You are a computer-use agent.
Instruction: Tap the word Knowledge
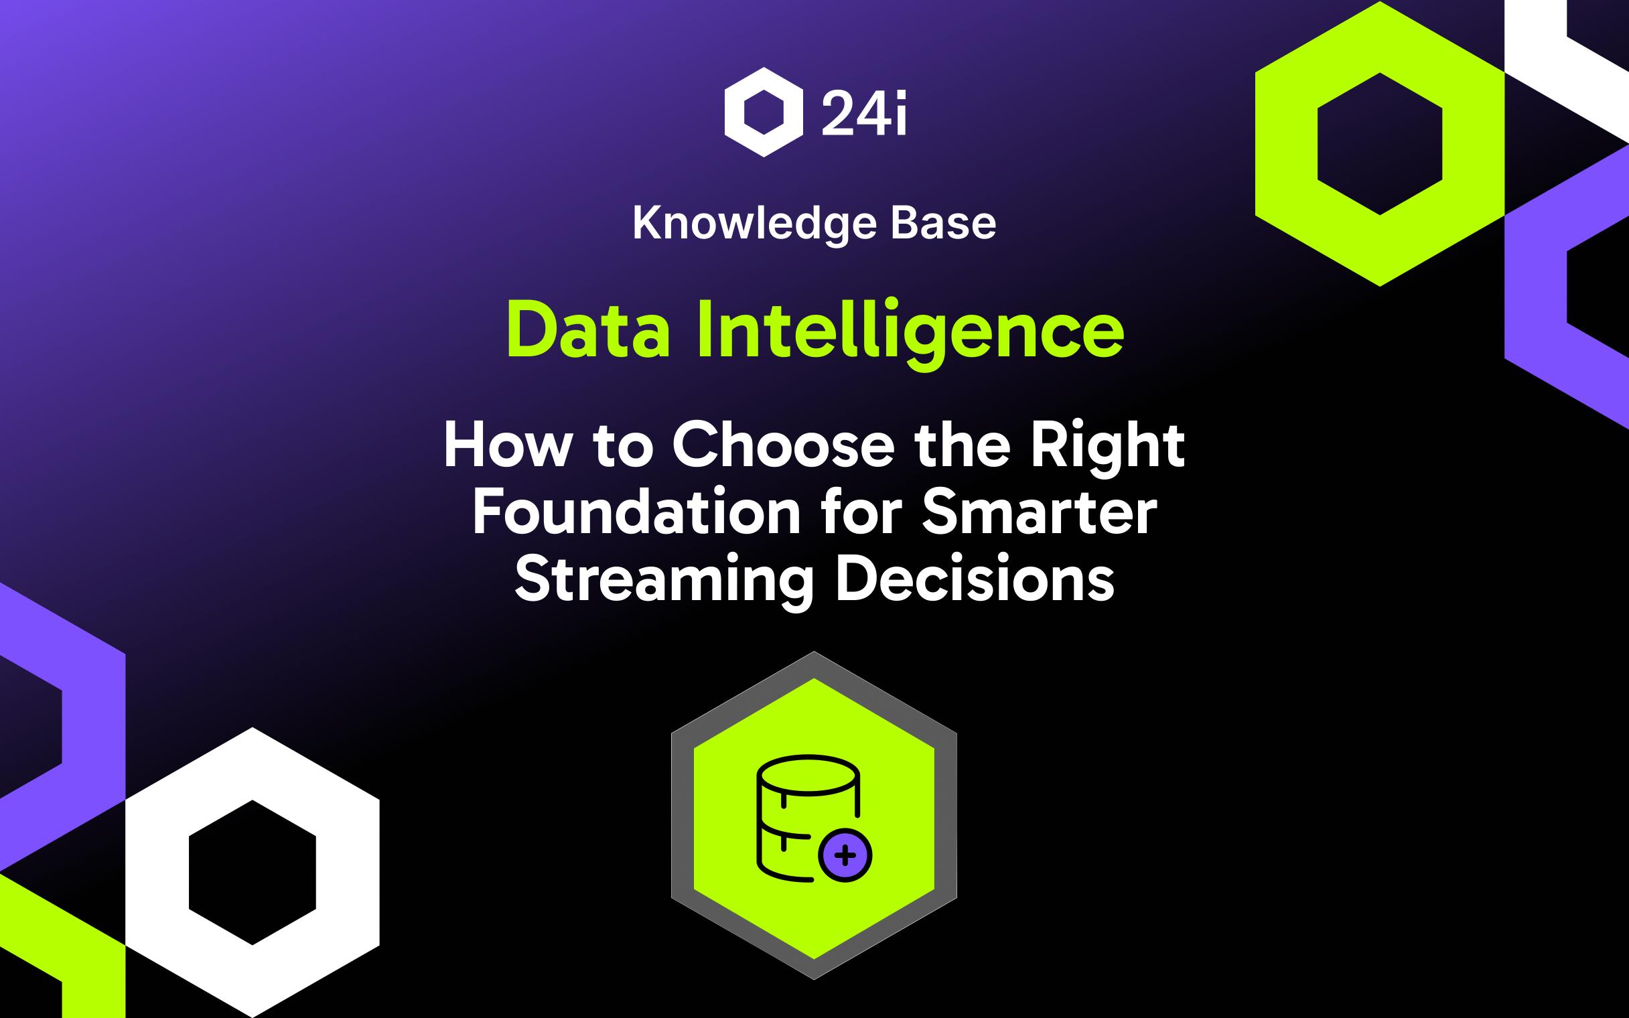(754, 224)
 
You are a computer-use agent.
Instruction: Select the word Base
(943, 224)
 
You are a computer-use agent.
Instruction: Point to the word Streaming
(664, 582)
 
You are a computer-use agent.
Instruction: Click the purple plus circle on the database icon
(845, 855)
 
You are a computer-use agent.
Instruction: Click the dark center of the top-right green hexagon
(1379, 143)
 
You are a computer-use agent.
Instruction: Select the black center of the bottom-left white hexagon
(252, 872)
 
